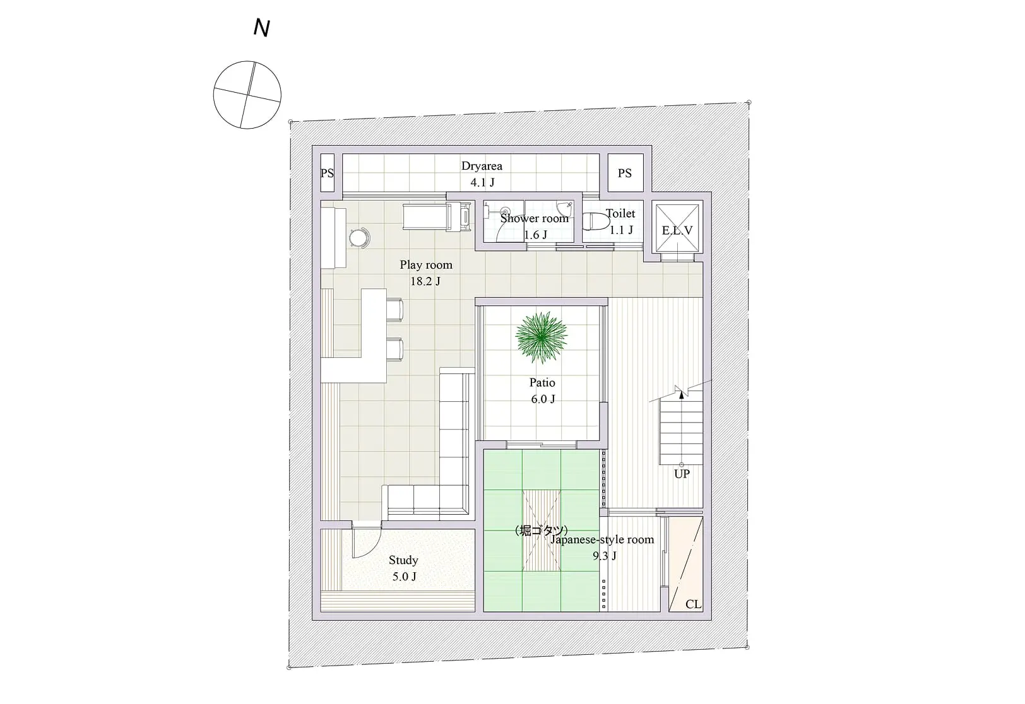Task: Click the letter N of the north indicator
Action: click(261, 28)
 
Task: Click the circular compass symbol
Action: click(247, 95)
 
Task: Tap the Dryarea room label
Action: click(482, 166)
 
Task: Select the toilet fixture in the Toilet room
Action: click(596, 221)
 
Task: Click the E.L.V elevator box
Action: click(677, 228)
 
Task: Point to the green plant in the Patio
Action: click(542, 337)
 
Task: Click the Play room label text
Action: click(426, 265)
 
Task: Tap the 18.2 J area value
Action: click(425, 281)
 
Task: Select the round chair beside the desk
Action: click(359, 238)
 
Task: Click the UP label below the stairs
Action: click(682, 474)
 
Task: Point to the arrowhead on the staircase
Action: click(682, 395)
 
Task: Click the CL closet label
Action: click(693, 604)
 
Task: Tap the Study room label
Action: click(403, 560)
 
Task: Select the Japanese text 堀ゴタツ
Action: click(542, 530)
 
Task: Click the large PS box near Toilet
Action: click(625, 172)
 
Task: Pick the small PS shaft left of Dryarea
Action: click(327, 172)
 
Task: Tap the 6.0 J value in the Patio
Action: click(543, 399)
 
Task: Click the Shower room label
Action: click(534, 218)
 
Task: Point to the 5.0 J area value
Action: click(404, 577)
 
